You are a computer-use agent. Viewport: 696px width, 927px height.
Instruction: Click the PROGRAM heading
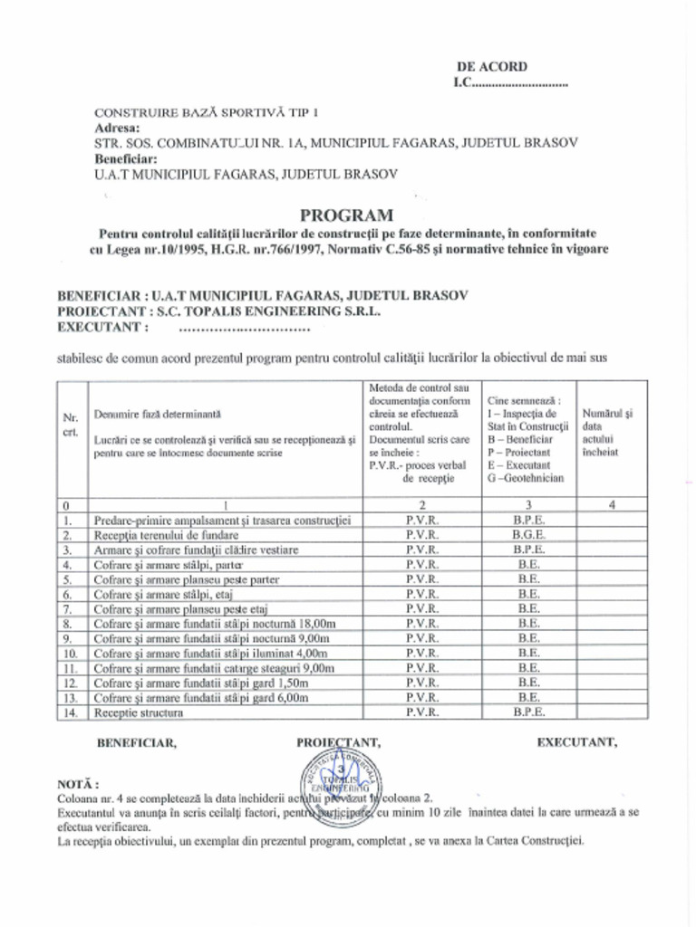347,215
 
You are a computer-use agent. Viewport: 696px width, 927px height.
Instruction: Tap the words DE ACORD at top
491,66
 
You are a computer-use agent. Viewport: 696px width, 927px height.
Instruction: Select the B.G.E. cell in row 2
528,535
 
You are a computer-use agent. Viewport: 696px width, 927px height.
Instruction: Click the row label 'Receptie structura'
138,712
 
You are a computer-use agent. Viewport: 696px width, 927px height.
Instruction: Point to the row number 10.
69,653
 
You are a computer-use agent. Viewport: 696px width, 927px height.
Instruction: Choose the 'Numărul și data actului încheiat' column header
607,432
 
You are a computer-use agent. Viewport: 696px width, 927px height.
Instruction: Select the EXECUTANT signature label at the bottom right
577,742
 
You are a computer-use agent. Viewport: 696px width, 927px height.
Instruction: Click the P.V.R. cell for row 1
422,521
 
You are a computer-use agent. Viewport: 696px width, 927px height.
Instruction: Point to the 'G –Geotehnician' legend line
525,478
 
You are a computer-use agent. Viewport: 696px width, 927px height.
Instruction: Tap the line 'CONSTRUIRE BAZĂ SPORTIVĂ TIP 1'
208,113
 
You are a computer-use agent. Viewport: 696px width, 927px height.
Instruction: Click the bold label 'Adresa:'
117,128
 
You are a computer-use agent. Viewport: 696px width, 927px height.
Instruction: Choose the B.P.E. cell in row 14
528,712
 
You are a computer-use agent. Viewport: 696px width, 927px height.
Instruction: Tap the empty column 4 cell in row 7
612,609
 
